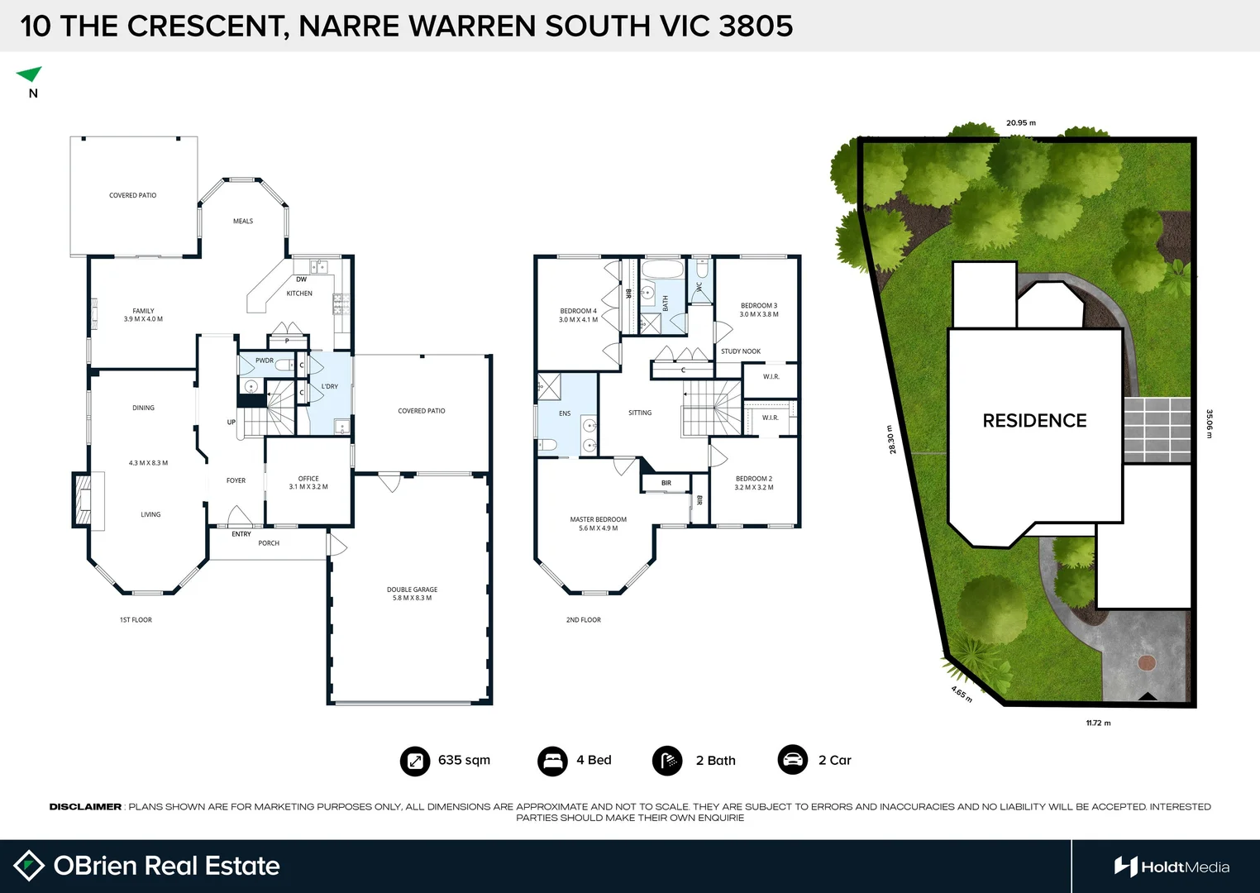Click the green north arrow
click(x=30, y=74)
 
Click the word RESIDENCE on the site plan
click(x=1034, y=421)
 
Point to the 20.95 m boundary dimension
click(x=1020, y=123)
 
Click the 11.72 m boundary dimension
click(x=1098, y=723)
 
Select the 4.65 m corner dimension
click(x=962, y=695)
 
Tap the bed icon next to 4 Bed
click(x=551, y=761)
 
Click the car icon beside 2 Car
click(x=792, y=760)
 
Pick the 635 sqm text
click(x=464, y=761)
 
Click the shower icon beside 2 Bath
click(x=667, y=761)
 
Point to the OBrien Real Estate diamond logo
click(x=29, y=866)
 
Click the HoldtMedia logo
click(x=1172, y=867)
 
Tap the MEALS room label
click(x=243, y=222)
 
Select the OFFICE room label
click(x=308, y=479)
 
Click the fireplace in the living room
click(x=83, y=499)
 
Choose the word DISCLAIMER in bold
click(x=85, y=807)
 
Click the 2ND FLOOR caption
click(x=583, y=619)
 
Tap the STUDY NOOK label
click(x=740, y=351)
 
